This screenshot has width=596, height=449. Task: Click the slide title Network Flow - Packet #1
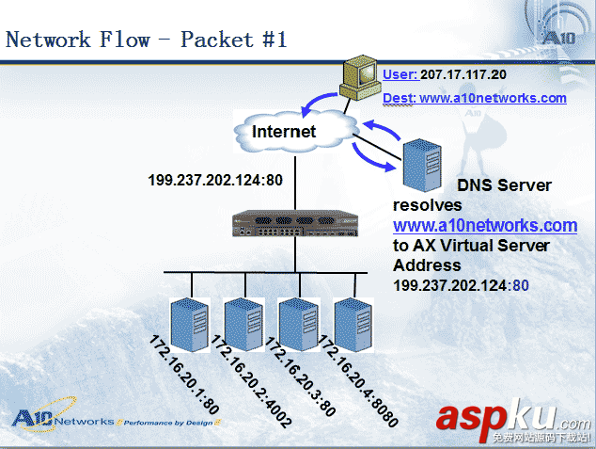(x=147, y=40)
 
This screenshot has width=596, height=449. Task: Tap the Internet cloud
(x=284, y=131)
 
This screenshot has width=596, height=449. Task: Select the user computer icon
(x=359, y=81)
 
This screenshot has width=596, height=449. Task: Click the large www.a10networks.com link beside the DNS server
(x=484, y=226)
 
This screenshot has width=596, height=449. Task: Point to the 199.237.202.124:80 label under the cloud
(x=208, y=178)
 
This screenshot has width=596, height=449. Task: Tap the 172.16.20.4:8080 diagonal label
(x=358, y=381)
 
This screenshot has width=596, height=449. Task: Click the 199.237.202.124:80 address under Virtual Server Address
(x=462, y=284)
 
